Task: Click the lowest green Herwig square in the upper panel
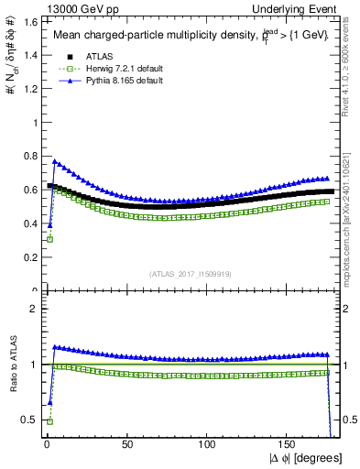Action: tap(49, 239)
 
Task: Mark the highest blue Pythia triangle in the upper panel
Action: tap(54, 161)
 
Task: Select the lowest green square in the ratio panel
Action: tap(49, 421)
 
